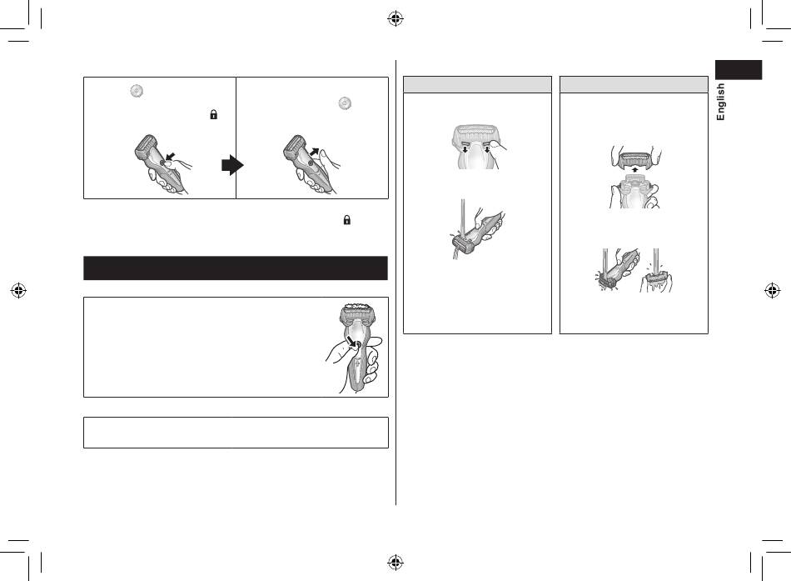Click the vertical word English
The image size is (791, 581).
[x=720, y=102]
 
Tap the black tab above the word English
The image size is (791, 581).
[x=738, y=70]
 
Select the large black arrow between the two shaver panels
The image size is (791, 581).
[x=232, y=165]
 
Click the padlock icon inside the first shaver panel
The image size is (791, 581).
[x=213, y=115]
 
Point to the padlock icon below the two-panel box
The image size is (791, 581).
[x=347, y=220]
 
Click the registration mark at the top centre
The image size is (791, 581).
[x=395, y=19]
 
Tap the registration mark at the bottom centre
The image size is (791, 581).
[x=395, y=562]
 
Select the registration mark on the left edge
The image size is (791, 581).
[x=18, y=290]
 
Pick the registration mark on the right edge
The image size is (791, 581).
[x=773, y=290]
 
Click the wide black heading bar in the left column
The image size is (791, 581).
[x=236, y=268]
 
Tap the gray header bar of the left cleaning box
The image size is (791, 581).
[x=477, y=84]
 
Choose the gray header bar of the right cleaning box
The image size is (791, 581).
[x=634, y=84]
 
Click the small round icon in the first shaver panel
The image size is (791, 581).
[x=137, y=91]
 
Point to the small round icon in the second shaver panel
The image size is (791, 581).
[x=345, y=103]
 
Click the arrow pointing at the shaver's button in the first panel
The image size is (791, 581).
[x=171, y=156]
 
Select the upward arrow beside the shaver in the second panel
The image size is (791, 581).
[x=314, y=152]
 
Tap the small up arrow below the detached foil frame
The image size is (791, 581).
[x=634, y=170]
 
